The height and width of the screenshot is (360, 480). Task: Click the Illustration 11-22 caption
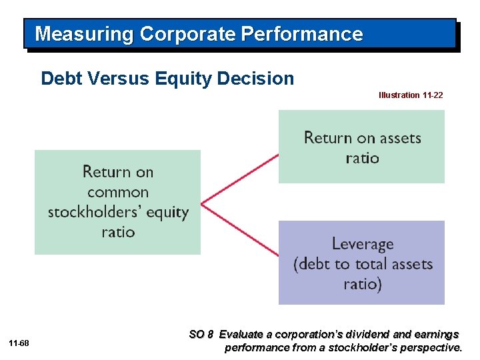(410, 95)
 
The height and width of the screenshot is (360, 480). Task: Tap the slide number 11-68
(19, 343)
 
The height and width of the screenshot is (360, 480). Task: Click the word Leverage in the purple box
(362, 245)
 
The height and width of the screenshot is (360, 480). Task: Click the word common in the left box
(117, 192)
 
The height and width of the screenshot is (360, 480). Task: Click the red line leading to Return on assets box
(240, 177)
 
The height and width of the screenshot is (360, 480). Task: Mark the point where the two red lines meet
(202, 201)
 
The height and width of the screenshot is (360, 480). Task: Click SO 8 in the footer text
(202, 334)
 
